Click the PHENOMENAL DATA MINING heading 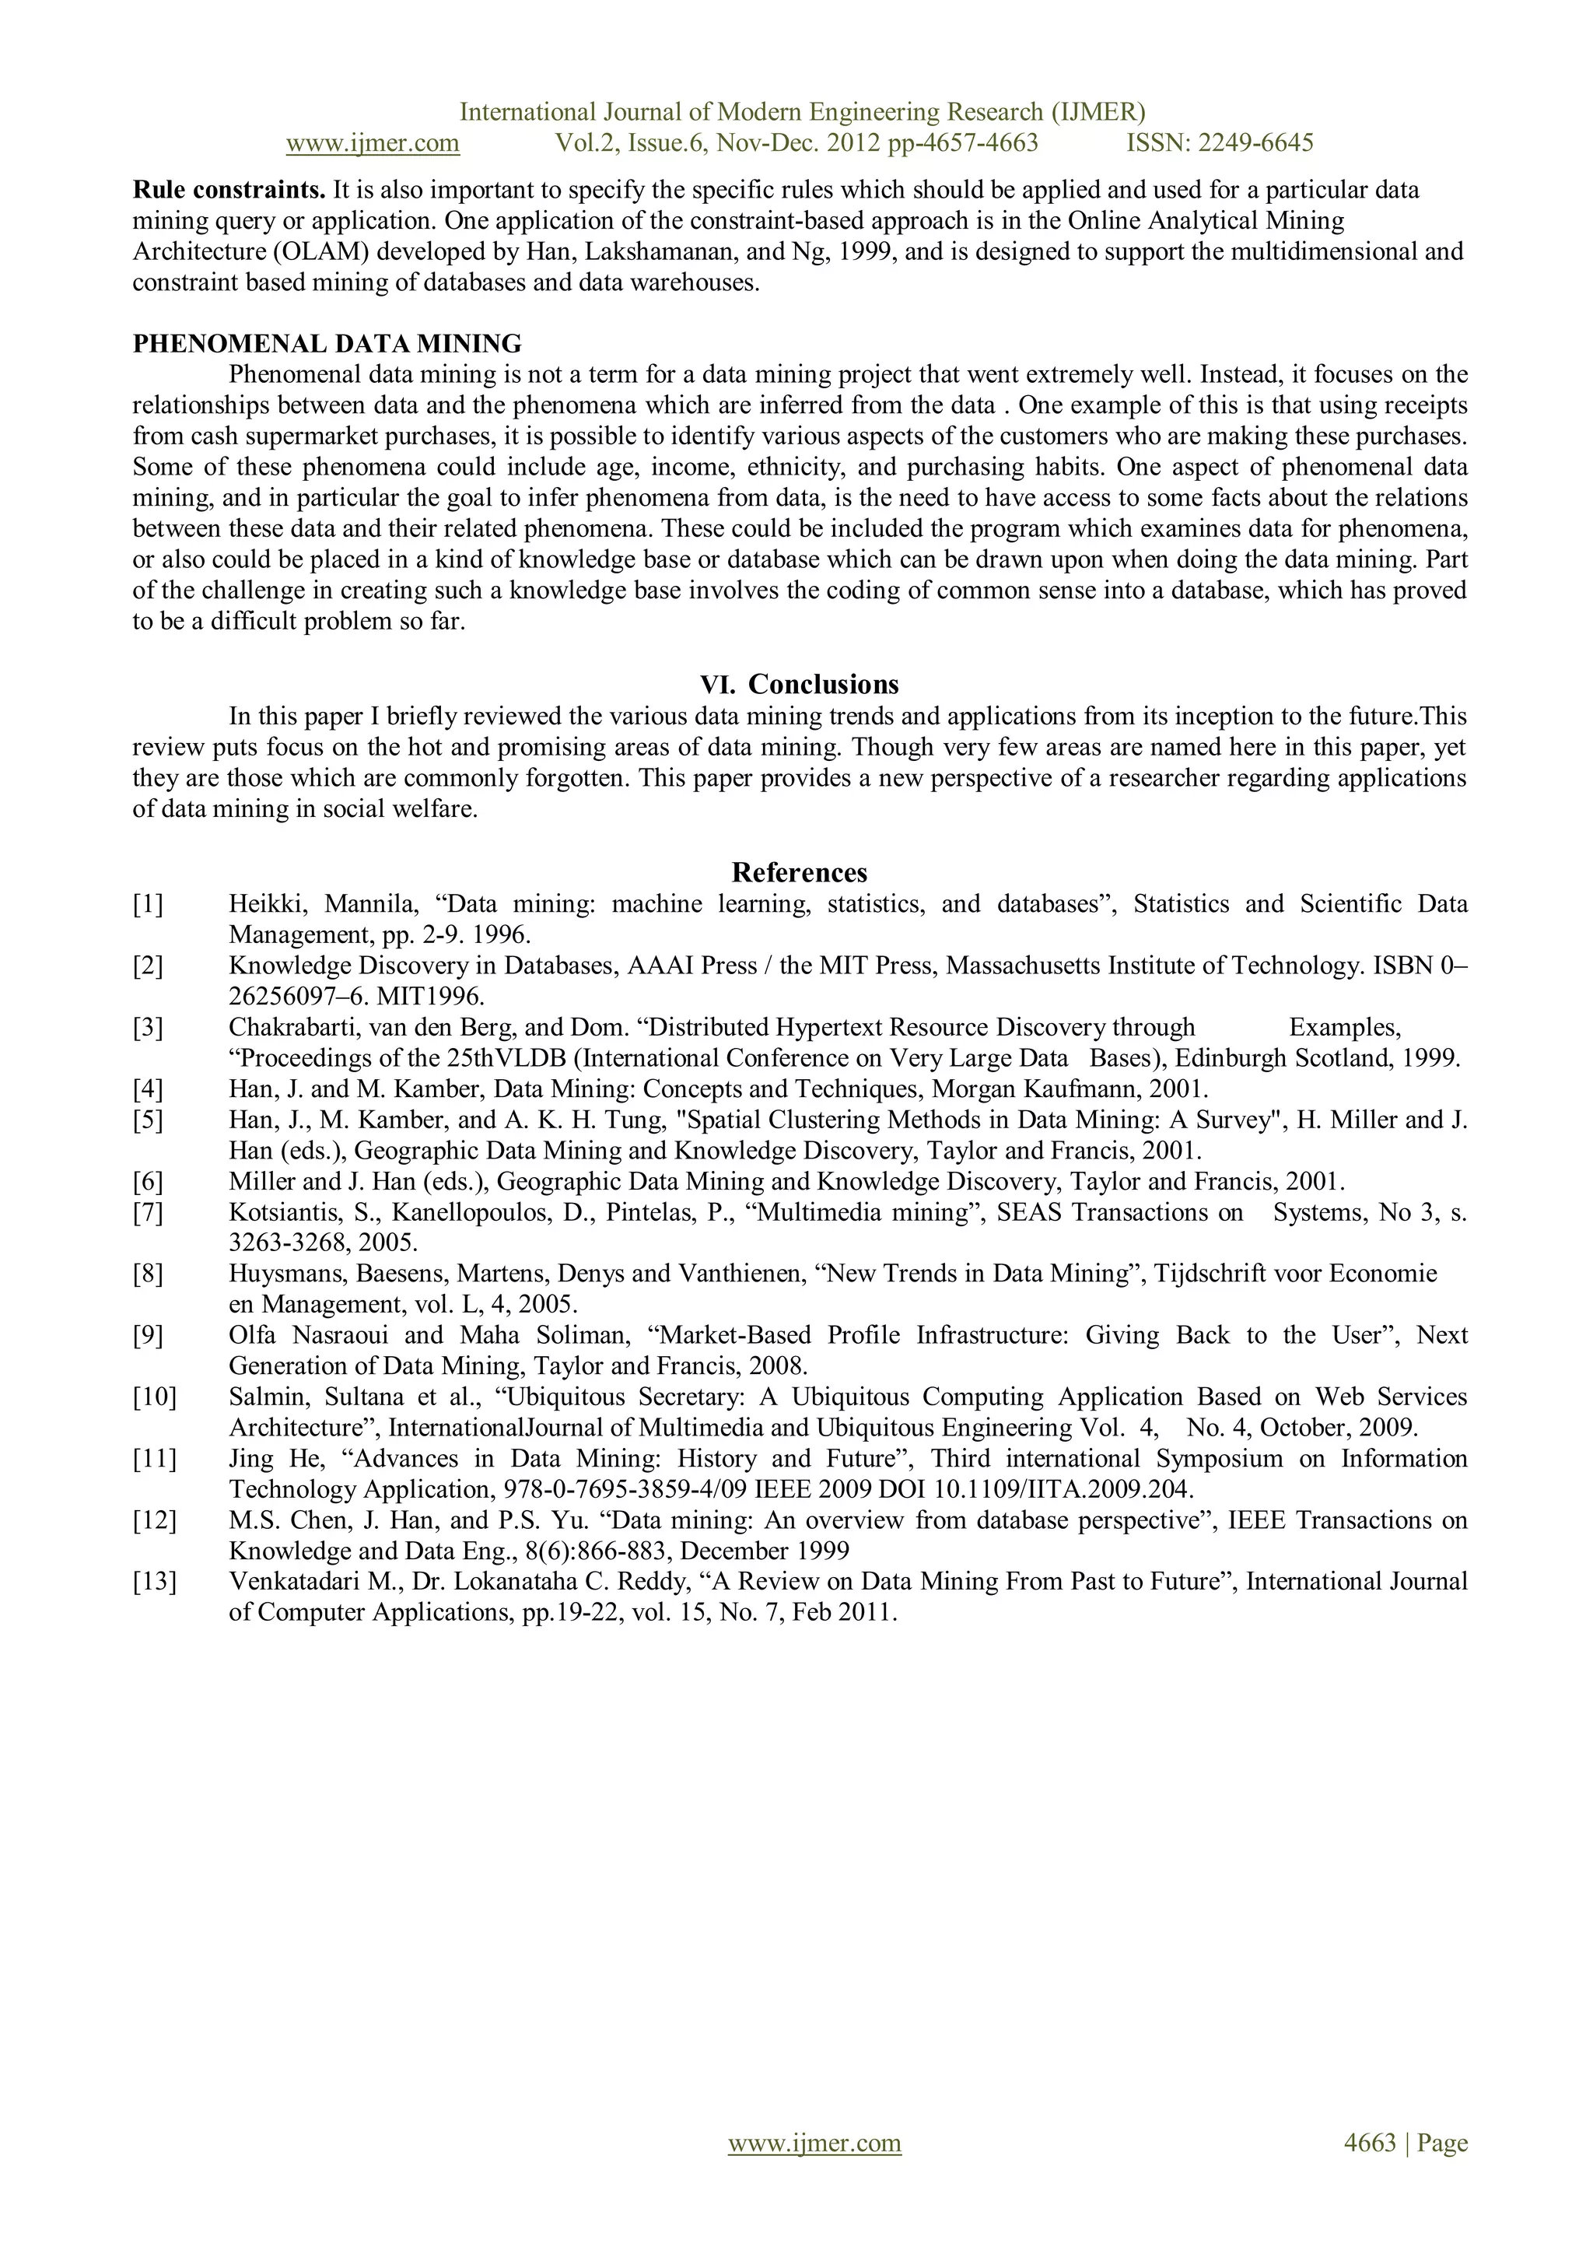(x=327, y=344)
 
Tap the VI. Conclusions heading (x=799, y=684)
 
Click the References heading (x=799, y=873)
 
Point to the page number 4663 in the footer (x=1369, y=2143)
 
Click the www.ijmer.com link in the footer (x=814, y=2143)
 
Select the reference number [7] (x=149, y=1212)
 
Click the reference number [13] (x=154, y=1582)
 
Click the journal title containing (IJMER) (x=802, y=112)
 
